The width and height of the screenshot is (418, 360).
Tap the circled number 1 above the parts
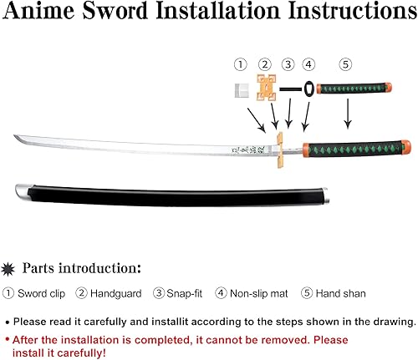click(x=240, y=64)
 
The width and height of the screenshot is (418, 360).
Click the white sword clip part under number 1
click(x=241, y=89)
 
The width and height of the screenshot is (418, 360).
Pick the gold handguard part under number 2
click(x=266, y=89)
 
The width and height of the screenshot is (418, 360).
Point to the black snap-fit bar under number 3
click(x=289, y=88)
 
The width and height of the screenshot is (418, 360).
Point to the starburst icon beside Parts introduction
click(x=10, y=267)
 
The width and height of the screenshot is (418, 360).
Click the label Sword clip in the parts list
click(x=41, y=293)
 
